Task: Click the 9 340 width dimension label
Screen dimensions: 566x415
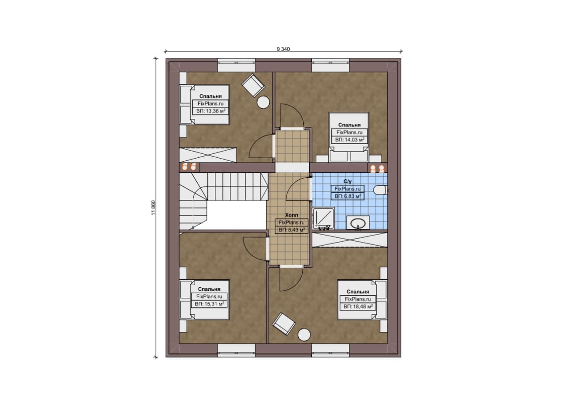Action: point(283,49)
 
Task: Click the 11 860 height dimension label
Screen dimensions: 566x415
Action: point(153,208)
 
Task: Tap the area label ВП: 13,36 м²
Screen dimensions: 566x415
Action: point(211,111)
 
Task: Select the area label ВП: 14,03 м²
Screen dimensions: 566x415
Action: point(350,140)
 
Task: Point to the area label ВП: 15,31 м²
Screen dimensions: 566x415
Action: point(210,304)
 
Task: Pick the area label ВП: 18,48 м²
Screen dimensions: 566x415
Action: point(358,306)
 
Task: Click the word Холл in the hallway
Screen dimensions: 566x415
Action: point(291,215)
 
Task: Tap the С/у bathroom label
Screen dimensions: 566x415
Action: point(348,181)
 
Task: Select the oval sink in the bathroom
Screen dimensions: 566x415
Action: point(358,223)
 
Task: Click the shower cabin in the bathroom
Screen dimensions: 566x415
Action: point(323,219)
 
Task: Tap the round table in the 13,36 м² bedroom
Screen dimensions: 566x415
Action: point(263,103)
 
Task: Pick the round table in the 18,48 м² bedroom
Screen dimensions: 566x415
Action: point(304,335)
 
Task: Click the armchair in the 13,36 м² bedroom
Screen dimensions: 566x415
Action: point(253,85)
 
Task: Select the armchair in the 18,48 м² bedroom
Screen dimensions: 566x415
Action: point(284,324)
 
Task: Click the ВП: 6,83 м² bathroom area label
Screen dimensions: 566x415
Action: point(348,196)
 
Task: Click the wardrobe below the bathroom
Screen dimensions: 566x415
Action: point(350,240)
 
